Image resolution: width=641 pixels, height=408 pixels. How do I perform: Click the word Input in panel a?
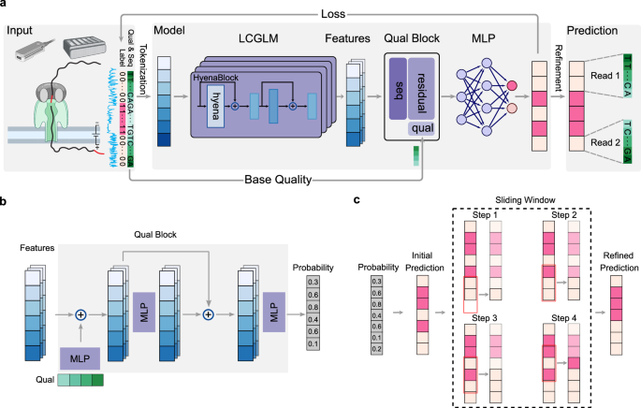(x=22, y=33)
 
